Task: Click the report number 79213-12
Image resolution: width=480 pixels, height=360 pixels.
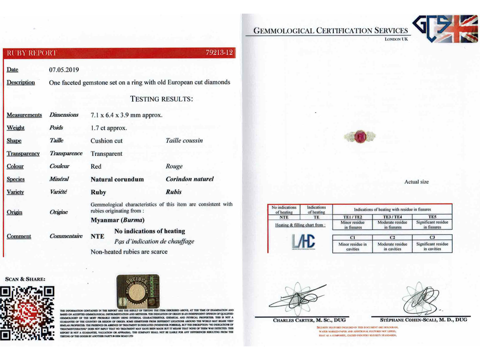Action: coord(219,53)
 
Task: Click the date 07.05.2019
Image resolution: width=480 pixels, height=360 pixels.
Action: coord(64,70)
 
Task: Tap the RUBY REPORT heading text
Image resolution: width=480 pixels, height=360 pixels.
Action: coord(31,53)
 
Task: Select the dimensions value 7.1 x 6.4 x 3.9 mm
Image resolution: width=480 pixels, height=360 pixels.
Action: coord(127,115)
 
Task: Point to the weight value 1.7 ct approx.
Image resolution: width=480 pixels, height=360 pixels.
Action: coord(109,127)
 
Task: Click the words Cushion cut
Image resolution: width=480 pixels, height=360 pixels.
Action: coord(106,141)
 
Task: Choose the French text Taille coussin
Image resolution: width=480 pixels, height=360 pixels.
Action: coord(184,141)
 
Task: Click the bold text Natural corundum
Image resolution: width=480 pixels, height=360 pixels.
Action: coord(117,179)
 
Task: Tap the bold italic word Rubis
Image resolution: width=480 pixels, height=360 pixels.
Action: coord(173,192)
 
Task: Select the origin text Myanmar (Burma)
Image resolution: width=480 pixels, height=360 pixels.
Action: coord(118,220)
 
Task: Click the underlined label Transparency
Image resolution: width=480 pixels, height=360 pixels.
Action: coord(23,153)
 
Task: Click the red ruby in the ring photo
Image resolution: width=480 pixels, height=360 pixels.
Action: coord(360,137)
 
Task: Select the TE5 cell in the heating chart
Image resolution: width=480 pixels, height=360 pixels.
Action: coord(432,217)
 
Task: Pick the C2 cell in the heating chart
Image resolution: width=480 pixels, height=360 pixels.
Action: coord(392,238)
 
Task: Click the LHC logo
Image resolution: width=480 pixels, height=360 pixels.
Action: coord(304,241)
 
